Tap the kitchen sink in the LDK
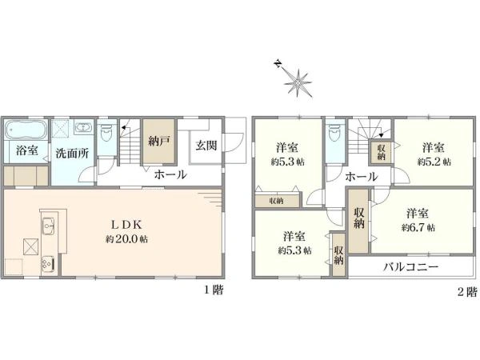coord(46,226)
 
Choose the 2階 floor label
coord(467,291)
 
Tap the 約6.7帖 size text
coord(419,227)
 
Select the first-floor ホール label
coord(170,174)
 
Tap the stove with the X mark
coord(31,246)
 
